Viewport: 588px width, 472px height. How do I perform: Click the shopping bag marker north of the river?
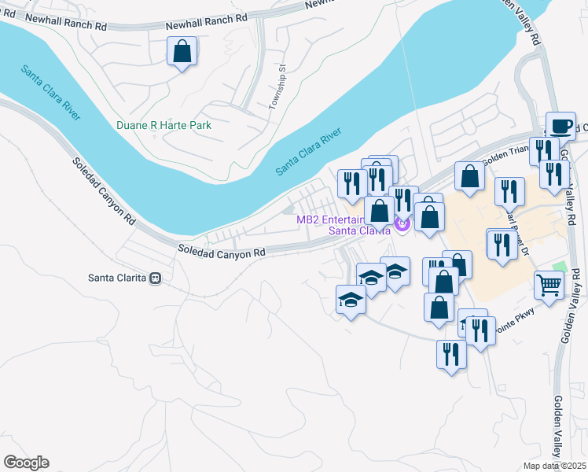click(182, 53)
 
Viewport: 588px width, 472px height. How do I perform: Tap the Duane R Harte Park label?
click(164, 125)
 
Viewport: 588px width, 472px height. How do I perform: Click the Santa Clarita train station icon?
click(156, 278)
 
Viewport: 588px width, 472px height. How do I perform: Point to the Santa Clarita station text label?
click(118, 278)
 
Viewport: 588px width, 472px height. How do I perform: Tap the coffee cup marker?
click(560, 126)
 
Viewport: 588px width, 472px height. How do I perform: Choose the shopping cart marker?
click(549, 285)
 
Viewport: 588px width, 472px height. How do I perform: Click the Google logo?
click(26, 463)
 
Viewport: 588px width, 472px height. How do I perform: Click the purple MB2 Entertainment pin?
click(402, 225)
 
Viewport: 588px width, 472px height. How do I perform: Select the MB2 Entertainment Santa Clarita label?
click(343, 225)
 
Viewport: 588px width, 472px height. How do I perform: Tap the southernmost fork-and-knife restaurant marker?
click(451, 354)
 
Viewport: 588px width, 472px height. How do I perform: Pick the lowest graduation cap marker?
click(351, 300)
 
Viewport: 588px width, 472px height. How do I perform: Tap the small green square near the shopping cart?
click(559, 267)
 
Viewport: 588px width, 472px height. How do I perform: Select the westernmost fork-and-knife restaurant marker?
click(351, 183)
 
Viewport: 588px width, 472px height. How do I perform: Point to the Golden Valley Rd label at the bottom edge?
click(560, 425)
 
